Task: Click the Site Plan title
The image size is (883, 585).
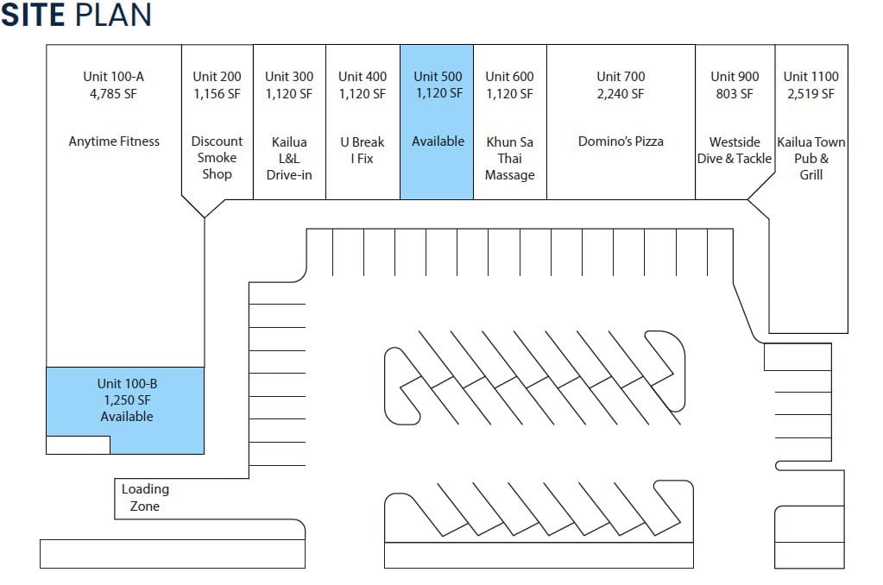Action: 76,15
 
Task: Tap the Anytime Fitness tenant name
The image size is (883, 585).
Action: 114,142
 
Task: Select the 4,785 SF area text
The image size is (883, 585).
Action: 113,94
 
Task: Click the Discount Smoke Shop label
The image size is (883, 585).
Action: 217,157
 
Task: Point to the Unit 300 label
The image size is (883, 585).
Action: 289,77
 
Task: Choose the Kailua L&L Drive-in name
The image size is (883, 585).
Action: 289,158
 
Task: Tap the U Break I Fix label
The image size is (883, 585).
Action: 362,149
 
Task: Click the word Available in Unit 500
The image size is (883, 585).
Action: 438,142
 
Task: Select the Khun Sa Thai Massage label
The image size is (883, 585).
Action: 509,158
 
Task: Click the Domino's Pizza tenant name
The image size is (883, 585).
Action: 621,142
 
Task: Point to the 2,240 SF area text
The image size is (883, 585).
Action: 621,94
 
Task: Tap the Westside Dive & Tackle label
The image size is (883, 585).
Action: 735,149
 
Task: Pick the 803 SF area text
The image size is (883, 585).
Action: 735,94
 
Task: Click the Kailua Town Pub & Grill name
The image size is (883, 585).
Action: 811,158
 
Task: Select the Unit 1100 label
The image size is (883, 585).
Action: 810,77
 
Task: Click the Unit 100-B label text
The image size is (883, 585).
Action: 127,384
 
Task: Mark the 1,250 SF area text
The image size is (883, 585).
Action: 127,400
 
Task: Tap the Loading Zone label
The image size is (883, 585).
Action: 145,498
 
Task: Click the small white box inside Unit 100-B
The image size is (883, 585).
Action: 78,445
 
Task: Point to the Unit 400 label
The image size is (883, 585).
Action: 363,77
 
